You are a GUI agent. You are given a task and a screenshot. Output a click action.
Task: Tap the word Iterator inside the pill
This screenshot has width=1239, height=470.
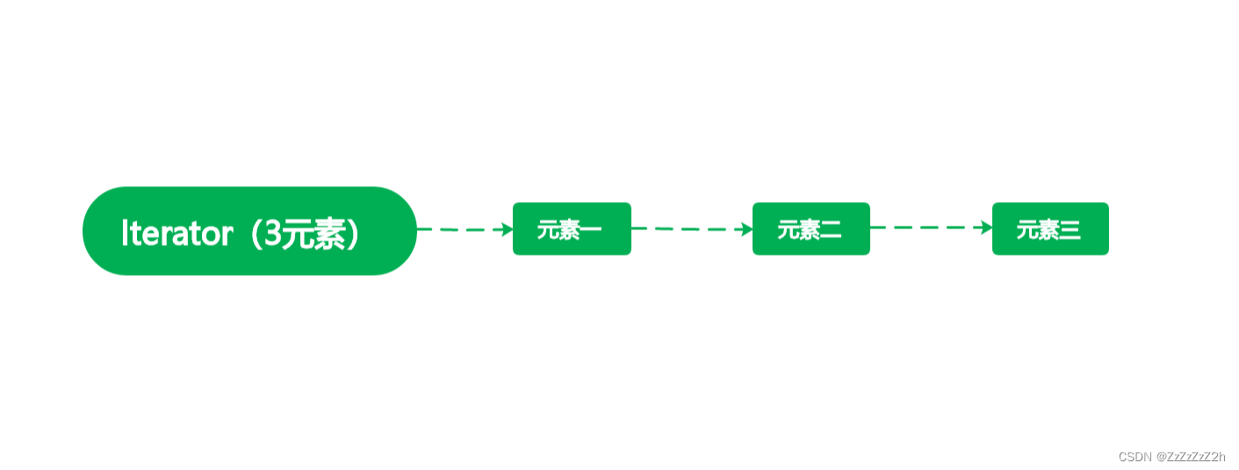pyautogui.click(x=176, y=234)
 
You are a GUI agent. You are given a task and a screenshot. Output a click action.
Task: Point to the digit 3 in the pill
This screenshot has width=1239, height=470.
pyautogui.click(x=276, y=234)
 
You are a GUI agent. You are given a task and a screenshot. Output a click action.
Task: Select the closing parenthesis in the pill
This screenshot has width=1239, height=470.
pyautogui.click(x=353, y=234)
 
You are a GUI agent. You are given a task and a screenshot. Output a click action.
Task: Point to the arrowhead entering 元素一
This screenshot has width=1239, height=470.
pyautogui.click(x=507, y=229)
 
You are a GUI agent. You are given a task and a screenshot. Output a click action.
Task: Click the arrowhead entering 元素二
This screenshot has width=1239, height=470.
pyautogui.click(x=746, y=229)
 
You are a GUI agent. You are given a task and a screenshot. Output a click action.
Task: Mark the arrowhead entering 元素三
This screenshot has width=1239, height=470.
pyautogui.click(x=986, y=228)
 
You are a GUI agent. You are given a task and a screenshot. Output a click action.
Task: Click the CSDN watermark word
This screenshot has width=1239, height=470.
pyautogui.click(x=1135, y=457)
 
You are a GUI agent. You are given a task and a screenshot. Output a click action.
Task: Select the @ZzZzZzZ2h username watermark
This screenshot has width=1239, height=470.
pyautogui.click(x=1191, y=457)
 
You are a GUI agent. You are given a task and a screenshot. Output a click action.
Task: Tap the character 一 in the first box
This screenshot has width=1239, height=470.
pyautogui.click(x=591, y=230)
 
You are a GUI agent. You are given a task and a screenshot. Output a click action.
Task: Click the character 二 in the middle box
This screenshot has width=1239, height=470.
pyautogui.click(x=831, y=230)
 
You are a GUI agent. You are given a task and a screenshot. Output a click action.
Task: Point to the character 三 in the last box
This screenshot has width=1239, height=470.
pyautogui.click(x=1070, y=230)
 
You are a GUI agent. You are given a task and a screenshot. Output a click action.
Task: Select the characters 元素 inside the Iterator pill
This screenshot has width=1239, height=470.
pyautogui.click(x=314, y=234)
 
